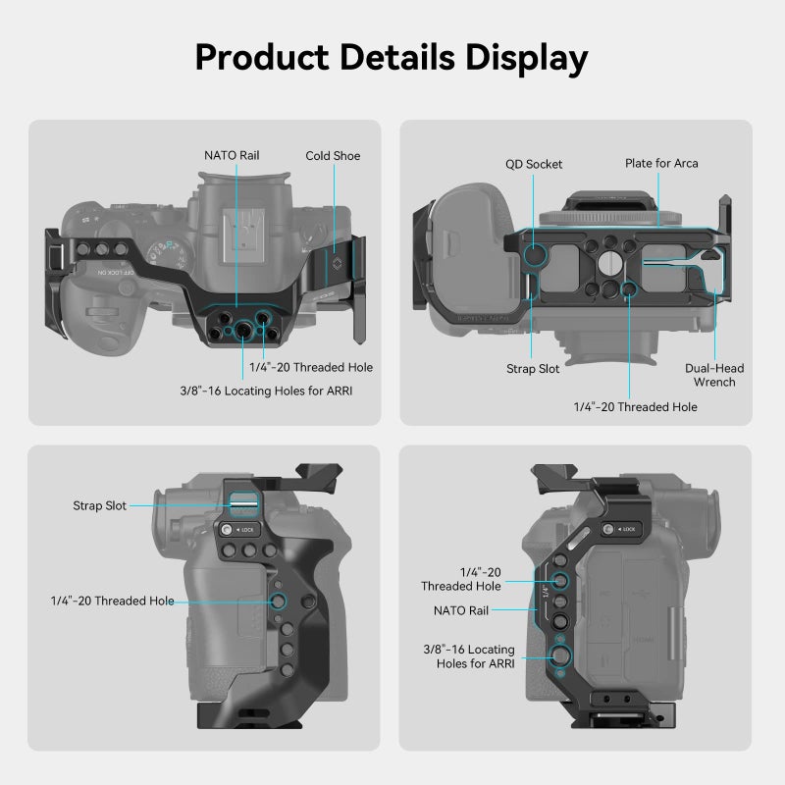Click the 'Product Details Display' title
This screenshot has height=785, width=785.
[392, 57]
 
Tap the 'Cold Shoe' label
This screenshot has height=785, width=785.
[333, 156]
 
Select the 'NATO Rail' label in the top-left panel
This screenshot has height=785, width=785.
[232, 155]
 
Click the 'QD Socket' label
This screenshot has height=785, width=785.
[534, 164]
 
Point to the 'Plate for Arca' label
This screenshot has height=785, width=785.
[661, 163]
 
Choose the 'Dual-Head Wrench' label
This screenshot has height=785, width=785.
[714, 375]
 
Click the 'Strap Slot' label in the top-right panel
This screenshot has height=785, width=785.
[534, 369]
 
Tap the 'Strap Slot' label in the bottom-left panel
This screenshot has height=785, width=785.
[99, 506]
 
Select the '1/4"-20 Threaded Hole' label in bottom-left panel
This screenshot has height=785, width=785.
[113, 601]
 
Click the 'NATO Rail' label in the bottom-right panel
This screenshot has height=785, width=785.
[456, 609]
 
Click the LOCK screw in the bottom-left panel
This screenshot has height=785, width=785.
[228, 530]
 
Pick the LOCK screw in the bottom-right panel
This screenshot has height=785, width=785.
[607, 529]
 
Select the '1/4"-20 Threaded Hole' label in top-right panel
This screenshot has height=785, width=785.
[636, 406]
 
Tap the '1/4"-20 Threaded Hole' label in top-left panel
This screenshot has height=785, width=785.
[309, 367]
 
